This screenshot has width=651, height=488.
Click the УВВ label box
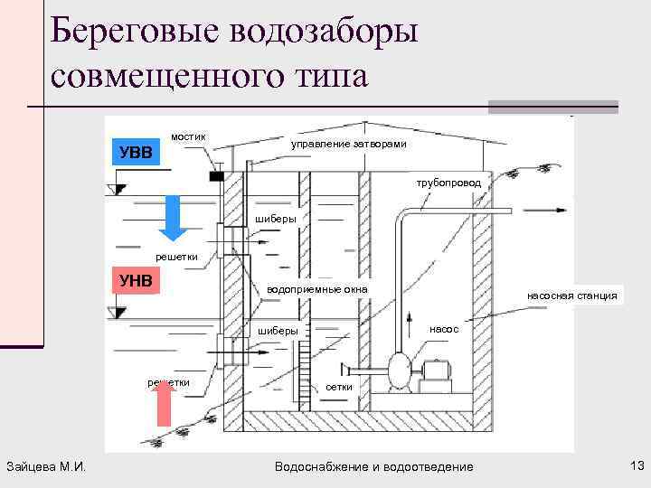135,150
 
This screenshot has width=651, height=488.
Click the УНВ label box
135,280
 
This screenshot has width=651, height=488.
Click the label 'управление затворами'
348,145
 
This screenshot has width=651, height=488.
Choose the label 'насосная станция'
572,296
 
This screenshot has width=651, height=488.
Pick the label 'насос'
444,329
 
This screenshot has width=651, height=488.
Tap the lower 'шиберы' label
278,331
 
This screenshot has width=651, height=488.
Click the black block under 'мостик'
216,176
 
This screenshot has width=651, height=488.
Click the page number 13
634,465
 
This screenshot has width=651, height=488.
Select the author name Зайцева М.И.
45,466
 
